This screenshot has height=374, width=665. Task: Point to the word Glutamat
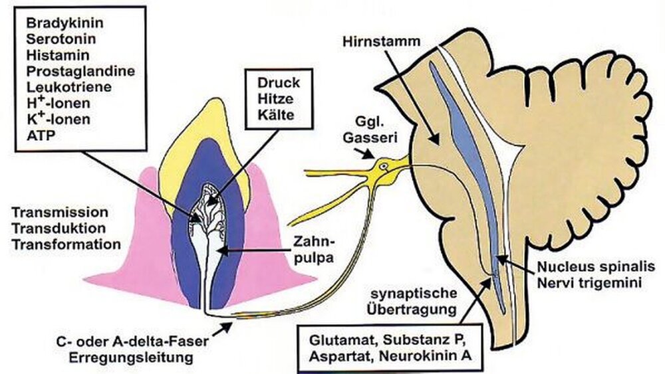tap(337, 339)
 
